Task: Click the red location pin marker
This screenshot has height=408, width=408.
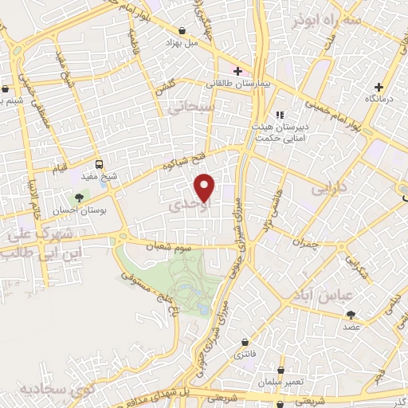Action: point(206,188)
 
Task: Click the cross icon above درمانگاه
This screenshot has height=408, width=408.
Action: point(379,86)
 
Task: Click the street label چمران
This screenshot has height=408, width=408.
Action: point(304,242)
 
